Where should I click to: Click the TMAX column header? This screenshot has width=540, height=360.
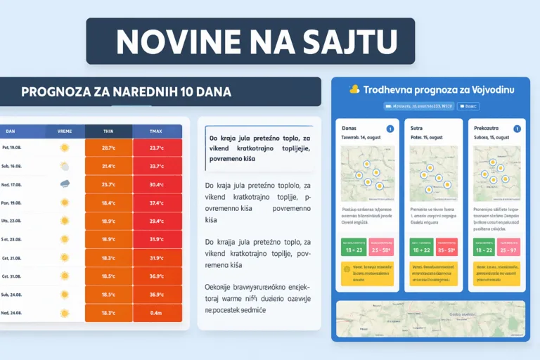point(157,131)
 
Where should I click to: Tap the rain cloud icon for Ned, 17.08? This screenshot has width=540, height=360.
point(65,184)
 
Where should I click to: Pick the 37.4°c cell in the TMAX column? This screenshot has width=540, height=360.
point(157,202)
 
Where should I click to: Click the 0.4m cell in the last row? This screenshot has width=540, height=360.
point(157,313)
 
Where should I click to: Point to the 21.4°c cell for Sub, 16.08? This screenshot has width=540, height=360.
point(108,166)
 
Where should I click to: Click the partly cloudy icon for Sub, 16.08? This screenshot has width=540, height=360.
point(65,167)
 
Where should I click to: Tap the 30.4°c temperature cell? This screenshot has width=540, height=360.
point(157,184)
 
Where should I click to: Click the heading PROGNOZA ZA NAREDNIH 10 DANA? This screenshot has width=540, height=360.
point(127,92)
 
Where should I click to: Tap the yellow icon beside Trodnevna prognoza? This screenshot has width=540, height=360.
point(354,89)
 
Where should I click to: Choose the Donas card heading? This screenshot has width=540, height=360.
point(349,129)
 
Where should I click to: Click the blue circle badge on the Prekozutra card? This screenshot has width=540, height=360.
point(517,129)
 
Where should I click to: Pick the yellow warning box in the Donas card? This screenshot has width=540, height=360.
point(365,274)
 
